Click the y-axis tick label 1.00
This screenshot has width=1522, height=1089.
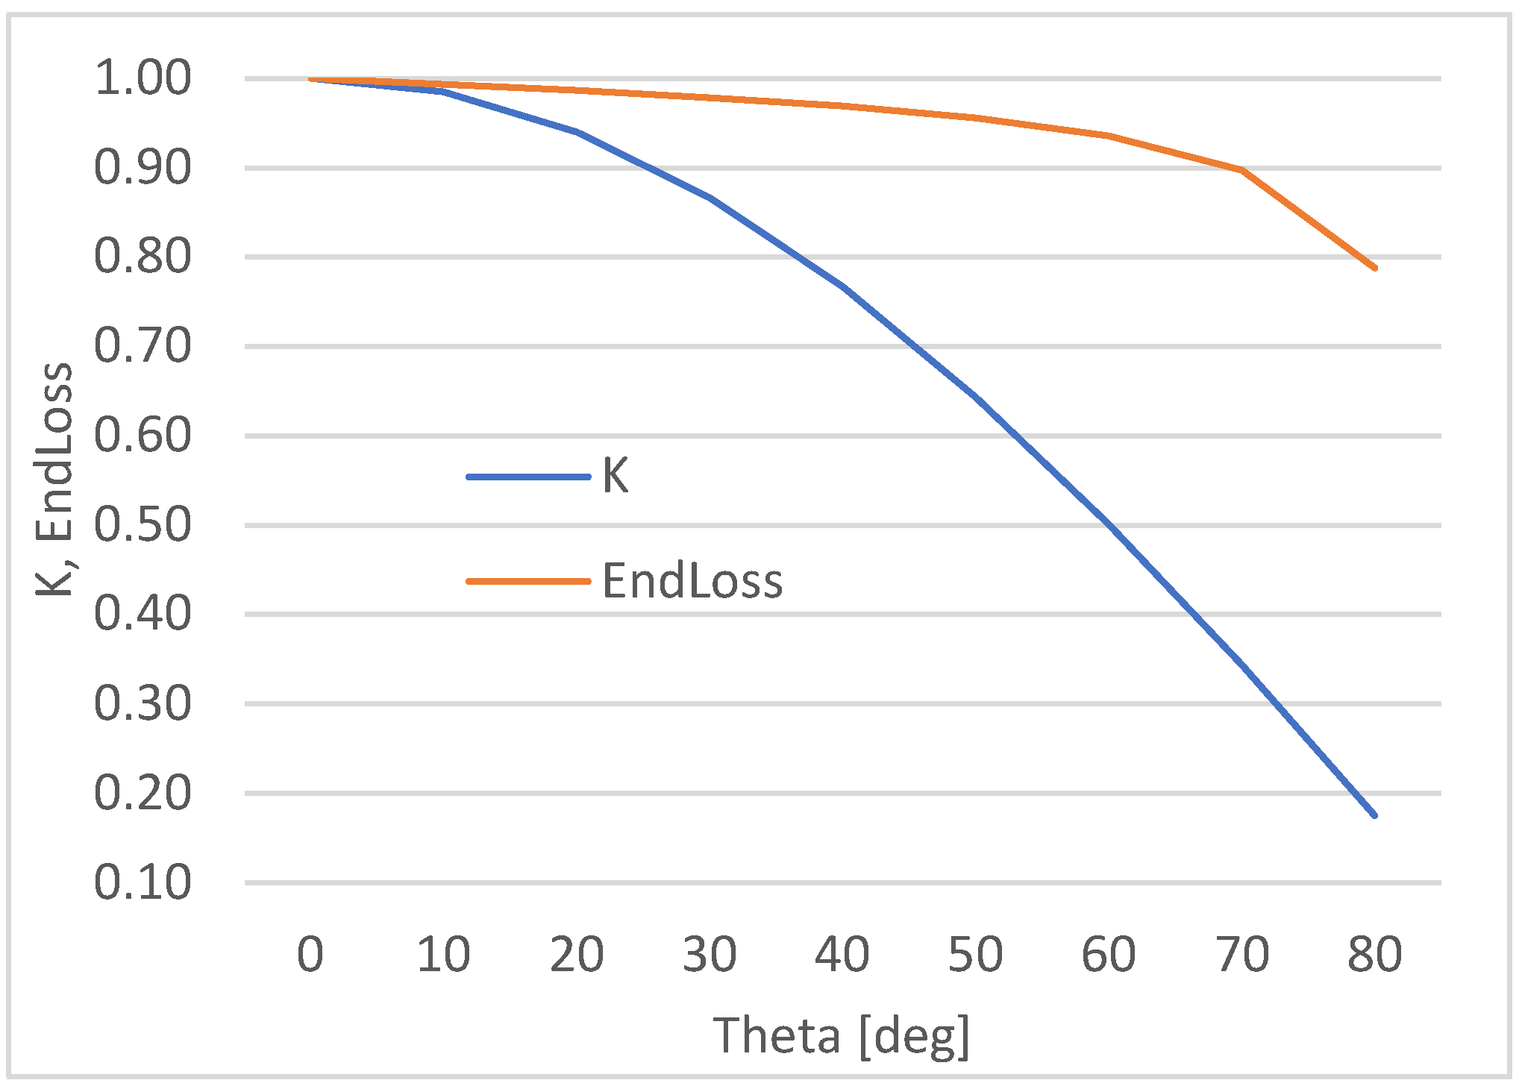point(143,78)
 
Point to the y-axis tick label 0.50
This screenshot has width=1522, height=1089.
point(143,525)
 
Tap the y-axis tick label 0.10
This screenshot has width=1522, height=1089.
point(143,882)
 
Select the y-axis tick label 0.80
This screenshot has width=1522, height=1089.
point(143,257)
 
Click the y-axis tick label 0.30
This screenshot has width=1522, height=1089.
point(143,703)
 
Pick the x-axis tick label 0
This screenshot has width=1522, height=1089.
point(310,955)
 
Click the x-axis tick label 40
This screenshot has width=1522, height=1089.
point(842,955)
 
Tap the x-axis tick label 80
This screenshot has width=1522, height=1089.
point(1374,955)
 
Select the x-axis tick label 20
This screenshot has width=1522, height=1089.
point(576,955)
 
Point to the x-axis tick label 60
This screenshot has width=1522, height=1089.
point(1109,955)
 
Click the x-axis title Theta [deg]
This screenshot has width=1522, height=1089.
point(842,1035)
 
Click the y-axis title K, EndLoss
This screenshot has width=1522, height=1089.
point(54,480)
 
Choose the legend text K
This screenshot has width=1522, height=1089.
point(616,476)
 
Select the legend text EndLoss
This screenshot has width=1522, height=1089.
point(692,581)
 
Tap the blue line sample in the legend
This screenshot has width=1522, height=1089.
point(528,477)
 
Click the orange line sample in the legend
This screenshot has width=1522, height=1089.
point(528,581)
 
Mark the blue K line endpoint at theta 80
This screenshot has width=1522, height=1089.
point(1374,815)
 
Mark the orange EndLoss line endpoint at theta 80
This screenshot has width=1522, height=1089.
point(1374,268)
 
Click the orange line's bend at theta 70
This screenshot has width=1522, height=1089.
point(1241,170)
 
